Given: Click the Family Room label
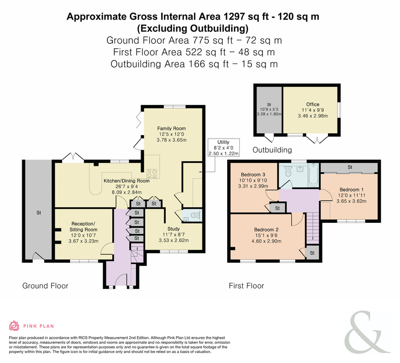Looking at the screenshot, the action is pos(171,129).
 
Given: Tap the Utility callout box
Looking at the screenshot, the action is pos(224,148).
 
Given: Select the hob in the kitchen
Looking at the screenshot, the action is pos(152,174).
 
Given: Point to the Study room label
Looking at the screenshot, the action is pos(174,229).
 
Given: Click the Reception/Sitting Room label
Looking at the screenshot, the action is pos(84,227).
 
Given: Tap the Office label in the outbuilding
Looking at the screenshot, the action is pos(313,104).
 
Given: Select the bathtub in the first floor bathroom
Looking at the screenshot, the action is pos(313,175).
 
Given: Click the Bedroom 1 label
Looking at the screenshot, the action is pos(352,190).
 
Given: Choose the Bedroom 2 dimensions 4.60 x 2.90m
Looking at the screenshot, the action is pos(266,241).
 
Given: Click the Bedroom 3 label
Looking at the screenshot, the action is pos(253,174).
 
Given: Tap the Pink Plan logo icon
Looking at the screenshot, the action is pos(14,326).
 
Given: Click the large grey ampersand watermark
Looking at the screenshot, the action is pos(367,332).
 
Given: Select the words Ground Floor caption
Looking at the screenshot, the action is pos(45,286).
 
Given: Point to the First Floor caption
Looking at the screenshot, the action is pos(246,286).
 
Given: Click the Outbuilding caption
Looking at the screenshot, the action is pos(272,150).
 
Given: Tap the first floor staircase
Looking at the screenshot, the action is pos(313,228).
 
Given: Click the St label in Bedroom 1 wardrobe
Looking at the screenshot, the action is pos(350,167).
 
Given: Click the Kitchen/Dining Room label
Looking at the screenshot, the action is pos(126,181).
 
